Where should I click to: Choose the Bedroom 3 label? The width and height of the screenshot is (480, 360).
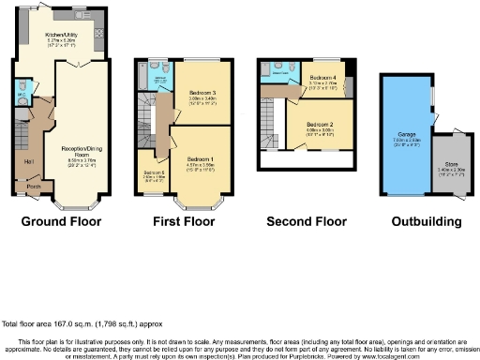click(x=202, y=95)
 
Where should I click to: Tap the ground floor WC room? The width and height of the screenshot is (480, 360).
click(x=21, y=94)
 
